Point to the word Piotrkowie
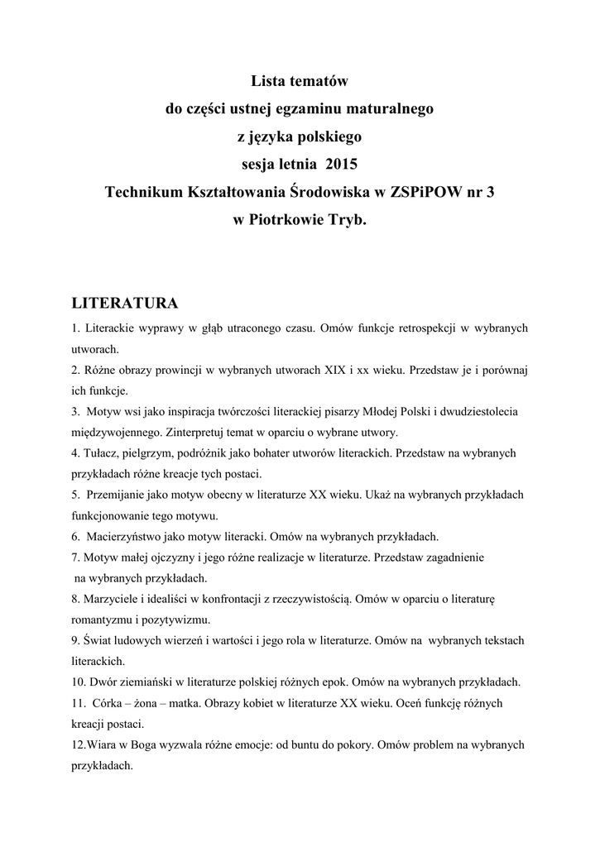tap(290, 221)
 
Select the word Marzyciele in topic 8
tap(108, 598)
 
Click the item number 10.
tap(79, 682)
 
